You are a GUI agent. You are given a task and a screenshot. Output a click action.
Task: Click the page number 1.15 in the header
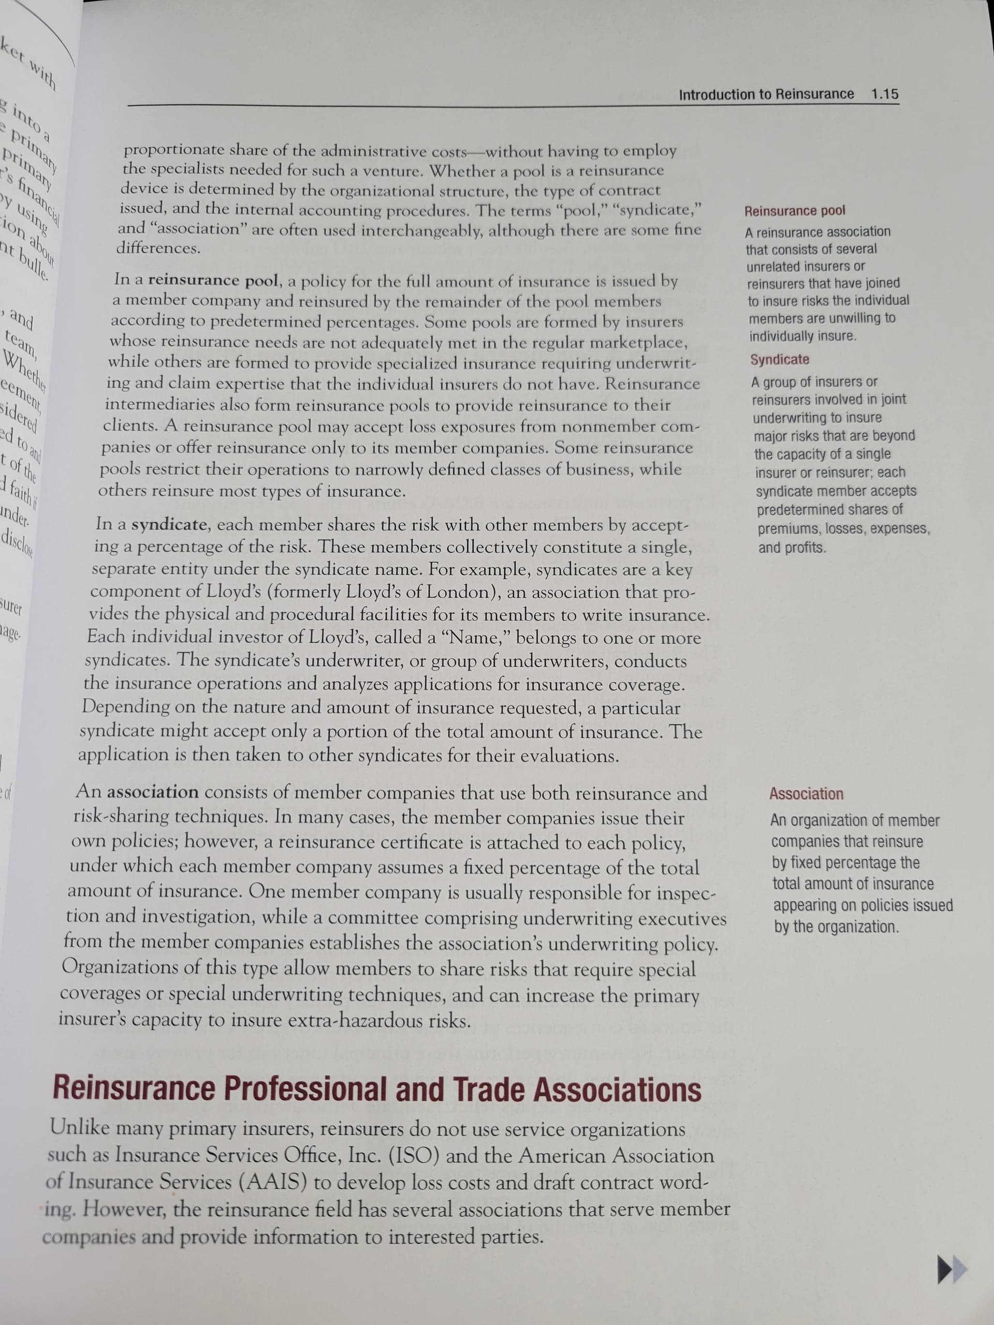pos(884,94)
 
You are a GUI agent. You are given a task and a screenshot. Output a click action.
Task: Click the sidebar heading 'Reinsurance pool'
pos(795,211)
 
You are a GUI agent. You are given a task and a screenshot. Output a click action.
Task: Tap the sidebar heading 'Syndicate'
pos(780,359)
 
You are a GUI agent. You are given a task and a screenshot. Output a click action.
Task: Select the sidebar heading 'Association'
pos(806,794)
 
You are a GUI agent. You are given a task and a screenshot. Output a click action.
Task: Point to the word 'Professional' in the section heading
pos(304,1088)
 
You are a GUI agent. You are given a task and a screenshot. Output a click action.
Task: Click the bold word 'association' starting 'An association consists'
pos(153,792)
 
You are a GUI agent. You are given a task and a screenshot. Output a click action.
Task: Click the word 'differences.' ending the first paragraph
pos(158,248)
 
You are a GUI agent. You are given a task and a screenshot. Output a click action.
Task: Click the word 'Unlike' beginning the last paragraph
pos(80,1128)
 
